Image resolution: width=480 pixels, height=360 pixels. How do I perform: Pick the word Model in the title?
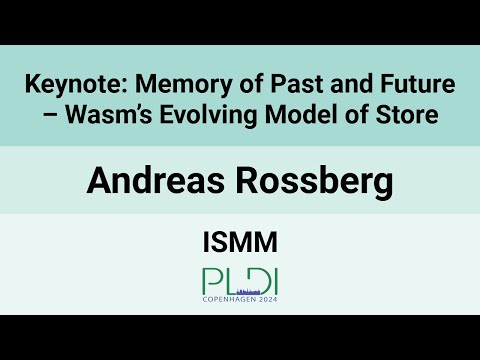[x=301, y=116]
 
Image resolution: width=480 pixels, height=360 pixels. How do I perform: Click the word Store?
[x=406, y=116]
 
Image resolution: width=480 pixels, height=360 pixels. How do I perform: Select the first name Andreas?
[x=151, y=181]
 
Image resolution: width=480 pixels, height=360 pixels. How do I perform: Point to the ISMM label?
[x=240, y=241]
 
